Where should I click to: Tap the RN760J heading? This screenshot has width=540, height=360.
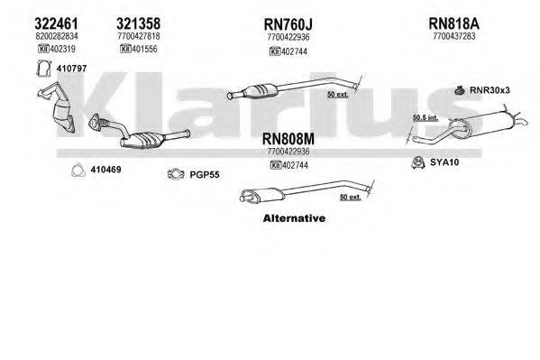(x=288, y=23)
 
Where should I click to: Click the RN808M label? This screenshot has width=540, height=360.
(x=288, y=139)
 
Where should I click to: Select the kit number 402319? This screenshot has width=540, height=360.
(x=52, y=50)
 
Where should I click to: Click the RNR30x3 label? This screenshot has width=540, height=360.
(x=490, y=89)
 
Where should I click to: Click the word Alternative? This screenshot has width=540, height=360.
(x=293, y=218)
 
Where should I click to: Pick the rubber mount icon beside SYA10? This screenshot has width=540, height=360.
(x=417, y=163)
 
